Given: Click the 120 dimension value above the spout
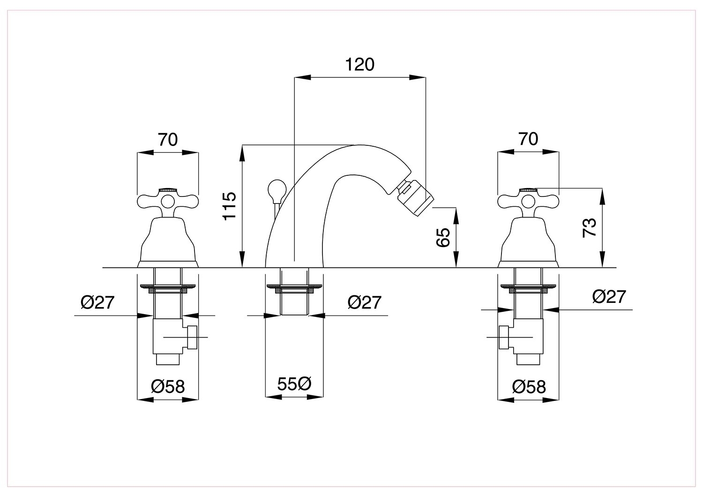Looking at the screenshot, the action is tap(359, 65).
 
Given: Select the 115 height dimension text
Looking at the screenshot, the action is tap(230, 206).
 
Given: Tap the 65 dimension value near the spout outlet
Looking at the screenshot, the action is tap(443, 238).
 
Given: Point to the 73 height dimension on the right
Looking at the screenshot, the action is tap(589, 228).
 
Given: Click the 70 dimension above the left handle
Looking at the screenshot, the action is tap(168, 140).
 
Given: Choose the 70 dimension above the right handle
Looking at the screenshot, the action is tap(528, 139).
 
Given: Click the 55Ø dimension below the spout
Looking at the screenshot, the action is tap(294, 384).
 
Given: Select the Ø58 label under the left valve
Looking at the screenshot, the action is tap(168, 386).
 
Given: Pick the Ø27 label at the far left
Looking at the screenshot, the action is tap(97, 303).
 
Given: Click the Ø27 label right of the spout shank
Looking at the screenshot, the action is tap(364, 302).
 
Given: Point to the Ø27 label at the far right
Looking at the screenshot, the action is tap(609, 297).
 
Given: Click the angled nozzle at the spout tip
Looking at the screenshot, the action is tap(415, 198).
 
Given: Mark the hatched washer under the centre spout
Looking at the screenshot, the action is tap(294, 288).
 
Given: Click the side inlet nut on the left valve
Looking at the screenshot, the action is tap(192, 337).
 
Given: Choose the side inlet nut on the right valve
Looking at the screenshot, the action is tap(504, 337).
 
